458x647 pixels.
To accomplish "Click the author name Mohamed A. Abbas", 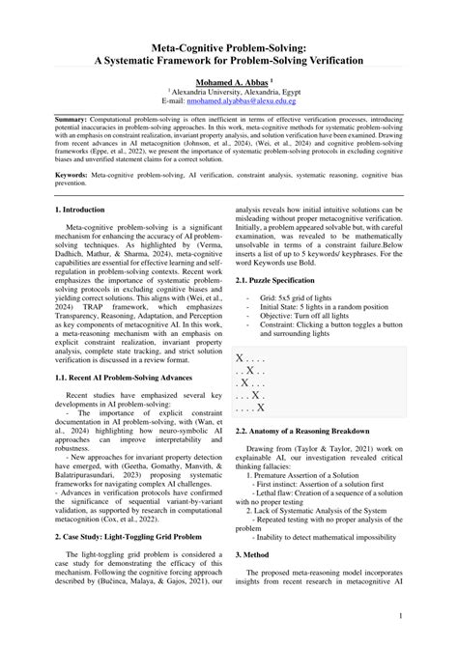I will [x=226, y=84].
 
